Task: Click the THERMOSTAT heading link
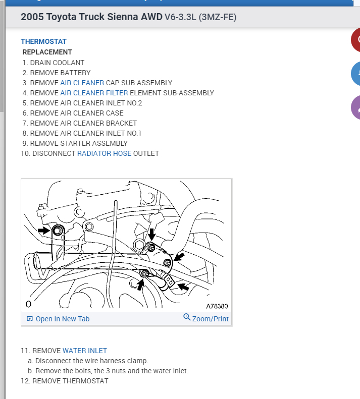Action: (x=43, y=41)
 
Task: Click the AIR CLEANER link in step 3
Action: (x=82, y=83)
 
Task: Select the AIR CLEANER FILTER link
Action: (x=94, y=93)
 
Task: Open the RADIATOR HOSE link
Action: (x=104, y=153)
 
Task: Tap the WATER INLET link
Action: (x=84, y=351)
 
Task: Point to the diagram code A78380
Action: (x=217, y=306)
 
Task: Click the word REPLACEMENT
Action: (x=47, y=52)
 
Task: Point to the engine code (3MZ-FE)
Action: (x=218, y=18)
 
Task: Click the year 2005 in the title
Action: (x=32, y=17)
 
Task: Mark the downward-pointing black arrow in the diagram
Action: (x=151, y=234)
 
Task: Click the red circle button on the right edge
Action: (x=355, y=39)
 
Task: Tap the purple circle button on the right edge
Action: (x=355, y=107)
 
